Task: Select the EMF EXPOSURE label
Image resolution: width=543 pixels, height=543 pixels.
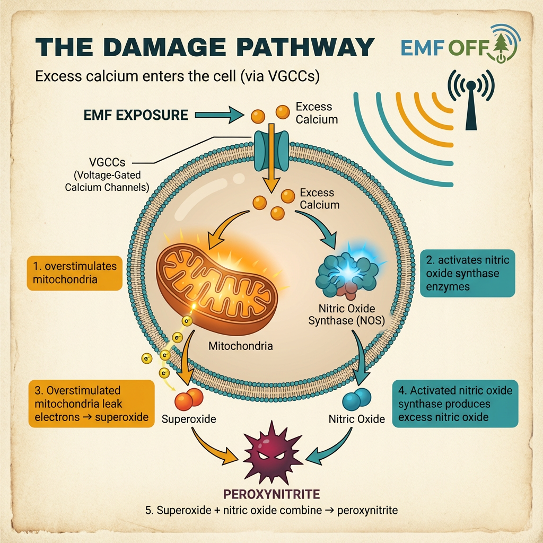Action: [x=136, y=115]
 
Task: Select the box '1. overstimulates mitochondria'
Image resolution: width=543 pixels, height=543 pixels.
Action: [x=74, y=273]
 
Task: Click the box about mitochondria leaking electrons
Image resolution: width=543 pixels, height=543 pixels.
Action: [x=91, y=404]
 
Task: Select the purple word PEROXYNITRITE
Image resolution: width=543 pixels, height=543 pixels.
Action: [x=271, y=494]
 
